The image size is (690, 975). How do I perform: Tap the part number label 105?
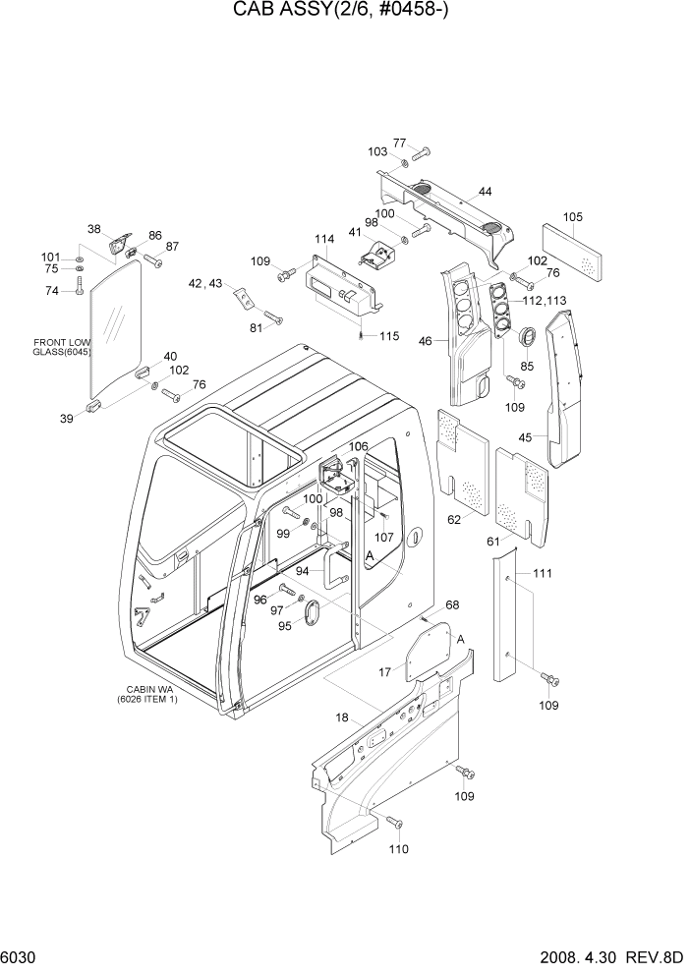coord(573,217)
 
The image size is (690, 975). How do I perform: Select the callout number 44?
coord(486,191)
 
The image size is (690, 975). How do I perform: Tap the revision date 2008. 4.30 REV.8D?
coord(610,957)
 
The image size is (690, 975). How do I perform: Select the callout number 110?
coord(399,848)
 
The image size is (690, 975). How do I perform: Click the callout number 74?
coord(52,290)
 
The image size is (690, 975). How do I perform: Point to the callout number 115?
coord(388,336)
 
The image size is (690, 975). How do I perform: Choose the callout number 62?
coord(454,519)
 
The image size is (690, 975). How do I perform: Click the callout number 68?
coord(452,604)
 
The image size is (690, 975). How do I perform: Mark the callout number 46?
coord(425,341)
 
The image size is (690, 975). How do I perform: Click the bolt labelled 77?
coord(423,152)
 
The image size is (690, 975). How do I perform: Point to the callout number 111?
coord(543,573)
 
